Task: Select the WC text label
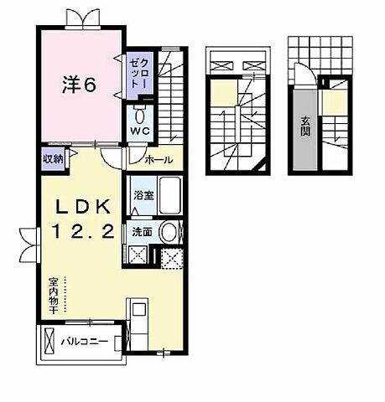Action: click(x=138, y=131)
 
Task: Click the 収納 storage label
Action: click(x=52, y=159)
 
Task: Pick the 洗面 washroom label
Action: click(x=140, y=232)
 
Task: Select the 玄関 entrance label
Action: click(x=303, y=129)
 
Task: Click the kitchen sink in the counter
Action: click(x=138, y=318)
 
